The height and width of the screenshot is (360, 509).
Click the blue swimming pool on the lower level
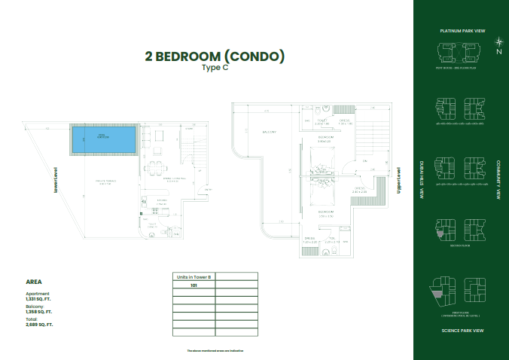(104, 138)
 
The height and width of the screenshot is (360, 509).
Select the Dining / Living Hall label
(171, 179)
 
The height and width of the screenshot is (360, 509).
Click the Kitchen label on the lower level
(161, 201)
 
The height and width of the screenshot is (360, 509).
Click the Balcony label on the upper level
(269, 133)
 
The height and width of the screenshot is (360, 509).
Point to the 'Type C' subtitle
(215, 68)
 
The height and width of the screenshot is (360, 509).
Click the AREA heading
(34, 282)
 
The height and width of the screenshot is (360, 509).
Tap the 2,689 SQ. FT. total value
(38, 325)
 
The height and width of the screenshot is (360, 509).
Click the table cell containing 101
(194, 286)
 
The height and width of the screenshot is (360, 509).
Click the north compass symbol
(498, 44)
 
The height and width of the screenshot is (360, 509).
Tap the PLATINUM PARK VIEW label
(462, 31)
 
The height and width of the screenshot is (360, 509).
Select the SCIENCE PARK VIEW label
(462, 330)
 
